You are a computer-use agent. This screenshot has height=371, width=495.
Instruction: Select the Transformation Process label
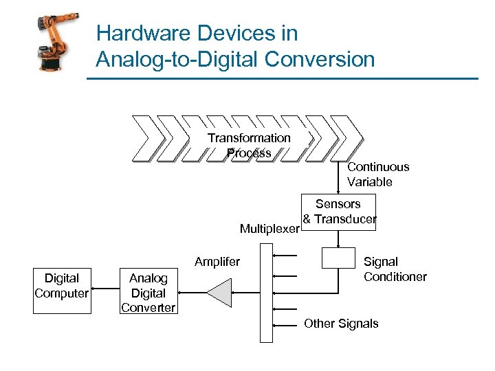click(x=249, y=145)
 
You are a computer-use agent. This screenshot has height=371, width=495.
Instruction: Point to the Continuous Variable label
click(x=378, y=175)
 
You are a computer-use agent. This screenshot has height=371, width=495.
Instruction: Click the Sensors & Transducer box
click(x=339, y=212)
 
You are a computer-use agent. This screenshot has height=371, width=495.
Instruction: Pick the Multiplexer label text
click(x=269, y=229)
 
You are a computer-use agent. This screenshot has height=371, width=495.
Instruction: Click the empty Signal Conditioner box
click(x=339, y=258)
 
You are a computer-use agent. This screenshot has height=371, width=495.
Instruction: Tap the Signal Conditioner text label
click(x=395, y=269)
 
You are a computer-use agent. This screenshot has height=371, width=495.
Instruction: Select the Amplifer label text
click(x=217, y=262)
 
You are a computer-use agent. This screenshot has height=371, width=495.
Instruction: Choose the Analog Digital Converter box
click(x=148, y=293)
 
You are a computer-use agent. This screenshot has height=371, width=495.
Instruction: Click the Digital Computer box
click(x=62, y=286)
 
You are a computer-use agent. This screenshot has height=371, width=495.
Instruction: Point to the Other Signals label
click(x=341, y=324)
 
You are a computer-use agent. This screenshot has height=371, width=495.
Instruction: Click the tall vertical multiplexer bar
click(x=266, y=295)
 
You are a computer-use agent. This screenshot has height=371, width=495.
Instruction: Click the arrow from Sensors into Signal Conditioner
click(x=339, y=238)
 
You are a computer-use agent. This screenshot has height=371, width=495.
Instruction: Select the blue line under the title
click(x=282, y=79)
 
